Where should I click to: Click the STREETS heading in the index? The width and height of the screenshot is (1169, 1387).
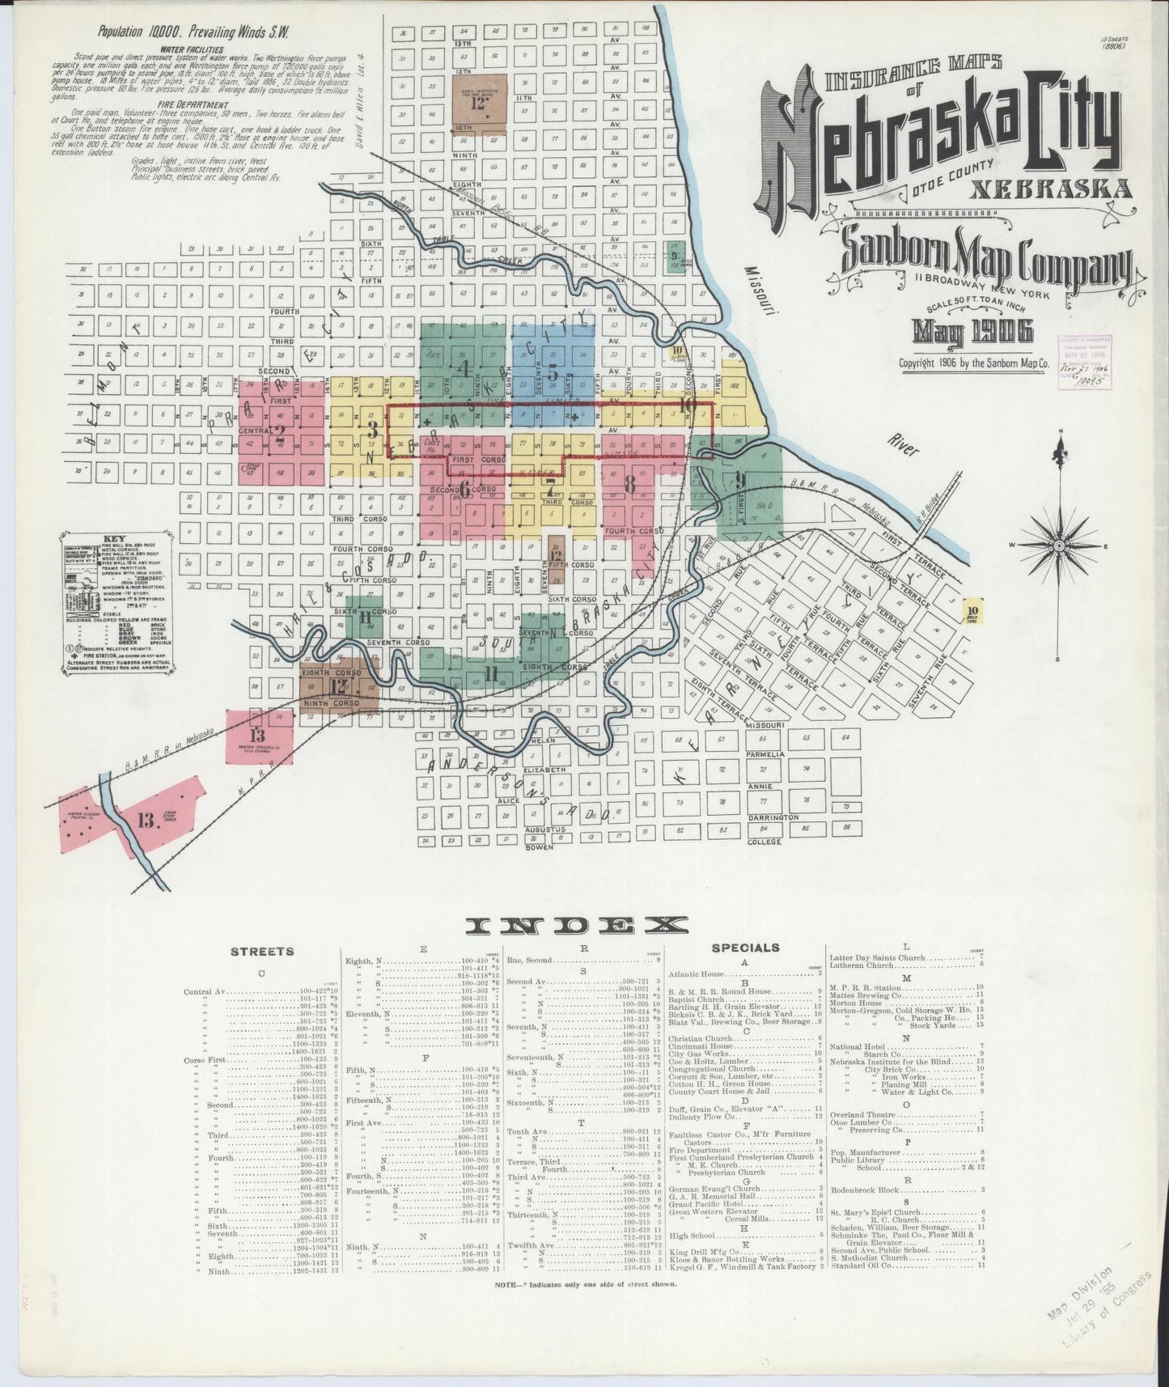262,951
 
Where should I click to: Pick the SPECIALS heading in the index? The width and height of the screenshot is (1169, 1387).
745,948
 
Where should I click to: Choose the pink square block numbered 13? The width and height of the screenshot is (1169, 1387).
258,736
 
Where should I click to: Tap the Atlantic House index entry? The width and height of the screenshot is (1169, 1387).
696,974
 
